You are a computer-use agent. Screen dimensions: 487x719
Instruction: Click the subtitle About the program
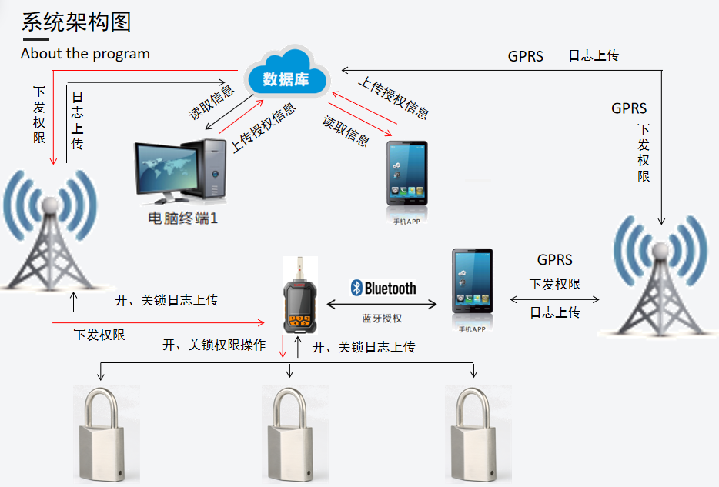tap(85, 54)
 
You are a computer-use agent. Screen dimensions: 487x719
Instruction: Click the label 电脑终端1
tap(183, 218)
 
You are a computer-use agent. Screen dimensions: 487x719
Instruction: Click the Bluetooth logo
tap(383, 289)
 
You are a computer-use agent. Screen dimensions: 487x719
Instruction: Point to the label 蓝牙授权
tap(382, 319)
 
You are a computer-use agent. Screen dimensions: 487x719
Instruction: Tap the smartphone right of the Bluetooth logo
tap(472, 285)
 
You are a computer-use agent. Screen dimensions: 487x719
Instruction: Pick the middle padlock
tap(289, 435)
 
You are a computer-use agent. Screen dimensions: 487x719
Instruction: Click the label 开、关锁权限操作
tap(214, 345)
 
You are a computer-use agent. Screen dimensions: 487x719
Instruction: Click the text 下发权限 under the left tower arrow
tap(99, 335)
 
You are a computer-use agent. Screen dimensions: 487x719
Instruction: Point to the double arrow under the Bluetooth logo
tap(382, 305)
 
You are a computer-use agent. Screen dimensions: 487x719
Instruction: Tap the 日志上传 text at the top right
tap(594, 55)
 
